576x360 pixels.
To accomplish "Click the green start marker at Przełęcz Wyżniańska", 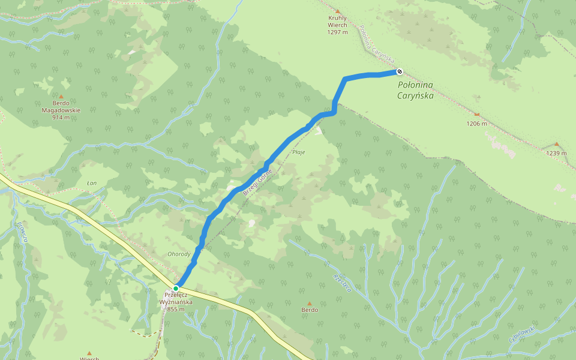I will coord(176,289).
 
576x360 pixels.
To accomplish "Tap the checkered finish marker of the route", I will coord(399,72).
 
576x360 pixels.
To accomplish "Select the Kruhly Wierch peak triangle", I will coord(337,11).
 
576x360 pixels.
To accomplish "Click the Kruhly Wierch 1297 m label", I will coord(338,25).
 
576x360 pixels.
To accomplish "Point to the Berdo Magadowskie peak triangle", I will coord(61,95).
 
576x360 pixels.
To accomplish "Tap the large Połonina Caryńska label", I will coord(415,89).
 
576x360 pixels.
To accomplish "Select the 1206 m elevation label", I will coord(477,124).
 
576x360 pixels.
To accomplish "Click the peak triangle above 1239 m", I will coord(556,144).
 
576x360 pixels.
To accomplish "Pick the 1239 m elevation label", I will coord(556,153).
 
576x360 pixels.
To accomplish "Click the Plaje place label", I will coord(299,152).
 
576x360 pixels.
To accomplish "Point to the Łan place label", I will coord(92,183).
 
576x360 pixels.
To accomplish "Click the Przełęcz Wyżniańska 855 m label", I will coord(176,302).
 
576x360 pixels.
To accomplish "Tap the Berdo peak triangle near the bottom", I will coord(310,304).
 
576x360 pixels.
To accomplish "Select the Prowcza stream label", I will coord(22,231).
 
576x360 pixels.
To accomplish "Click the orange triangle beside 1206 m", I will coord(477,115).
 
